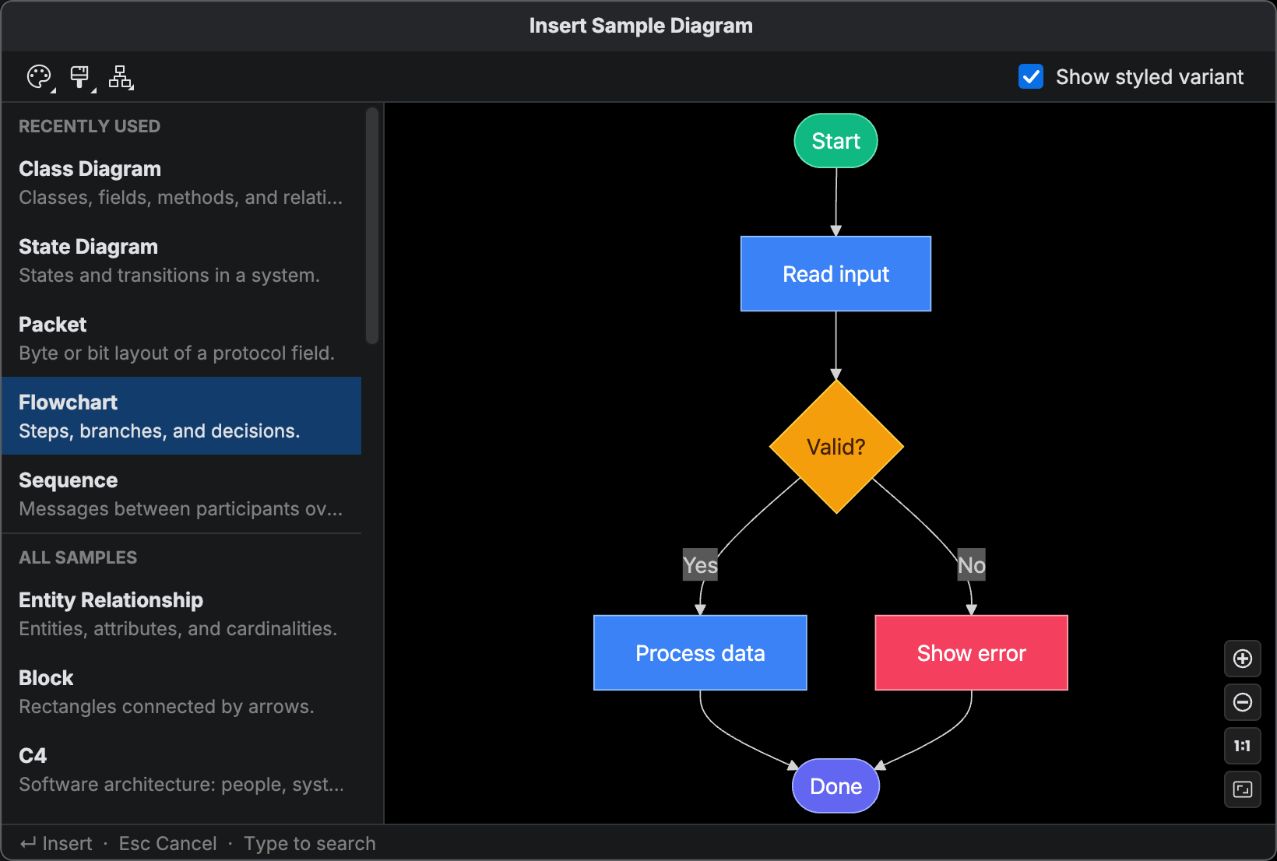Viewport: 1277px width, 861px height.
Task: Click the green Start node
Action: tap(836, 141)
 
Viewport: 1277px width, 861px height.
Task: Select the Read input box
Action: tap(836, 274)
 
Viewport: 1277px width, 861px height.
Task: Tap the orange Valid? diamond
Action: tap(836, 447)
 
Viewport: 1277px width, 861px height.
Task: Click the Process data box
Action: tap(700, 653)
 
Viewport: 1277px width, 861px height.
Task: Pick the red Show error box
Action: tap(971, 653)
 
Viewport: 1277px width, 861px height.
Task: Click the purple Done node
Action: tap(836, 786)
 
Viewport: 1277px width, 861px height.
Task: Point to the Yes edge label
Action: tap(700, 565)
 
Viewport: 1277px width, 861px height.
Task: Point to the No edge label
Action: tap(971, 565)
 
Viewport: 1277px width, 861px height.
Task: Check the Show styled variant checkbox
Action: tap(1031, 76)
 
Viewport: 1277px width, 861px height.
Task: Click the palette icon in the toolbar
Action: tap(39, 76)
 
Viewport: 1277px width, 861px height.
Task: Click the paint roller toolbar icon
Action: tap(79, 76)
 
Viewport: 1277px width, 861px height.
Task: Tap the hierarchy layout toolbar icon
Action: tap(121, 76)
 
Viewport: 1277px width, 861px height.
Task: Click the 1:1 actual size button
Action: tap(1242, 746)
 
